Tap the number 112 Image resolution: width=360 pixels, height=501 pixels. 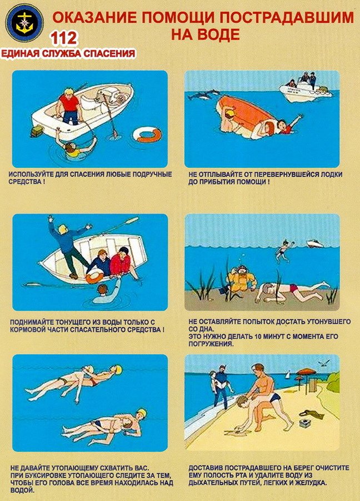64,38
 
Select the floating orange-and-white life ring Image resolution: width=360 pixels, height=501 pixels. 147,134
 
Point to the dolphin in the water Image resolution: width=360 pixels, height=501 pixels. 203,94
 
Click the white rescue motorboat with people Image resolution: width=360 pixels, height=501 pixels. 306,88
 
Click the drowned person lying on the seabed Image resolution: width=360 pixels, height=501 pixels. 292,292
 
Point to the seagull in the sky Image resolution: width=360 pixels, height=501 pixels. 323,363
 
